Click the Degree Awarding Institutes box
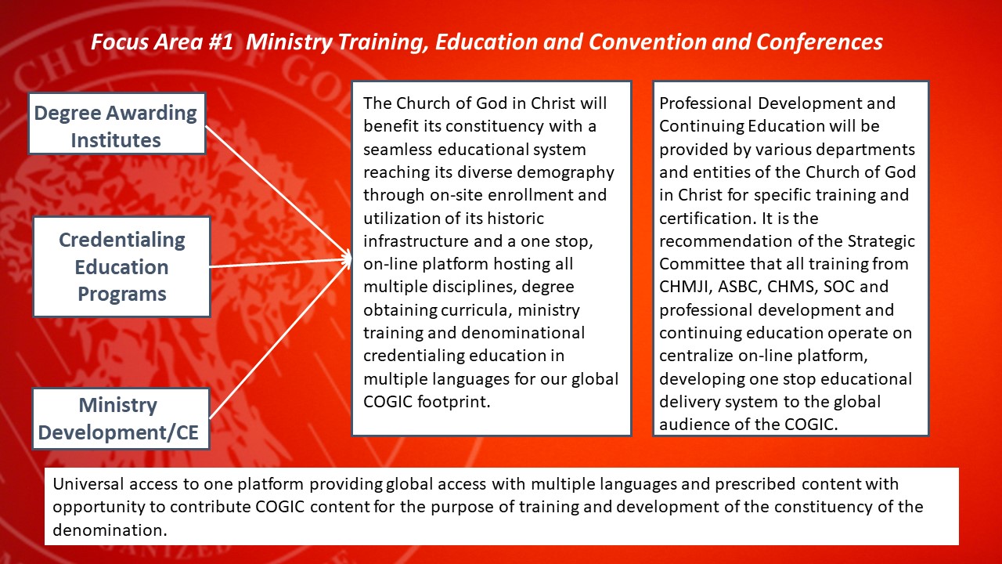click(117, 124)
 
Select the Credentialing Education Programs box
click(121, 267)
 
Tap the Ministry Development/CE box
click(121, 418)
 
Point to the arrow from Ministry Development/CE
click(280, 338)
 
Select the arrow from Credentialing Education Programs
click(280, 263)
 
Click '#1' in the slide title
click(221, 42)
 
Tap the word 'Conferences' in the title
click(819, 42)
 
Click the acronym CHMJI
click(686, 287)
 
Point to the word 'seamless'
click(397, 149)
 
